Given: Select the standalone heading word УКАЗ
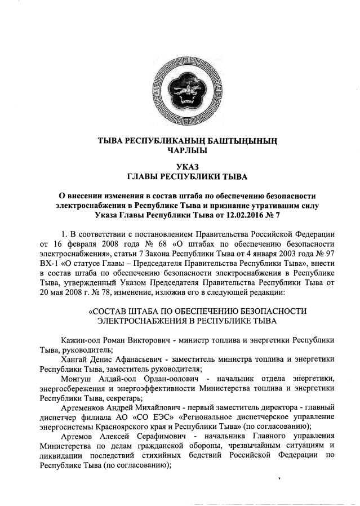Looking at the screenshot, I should (x=180, y=167).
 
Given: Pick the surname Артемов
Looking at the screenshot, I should (x=79, y=437).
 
